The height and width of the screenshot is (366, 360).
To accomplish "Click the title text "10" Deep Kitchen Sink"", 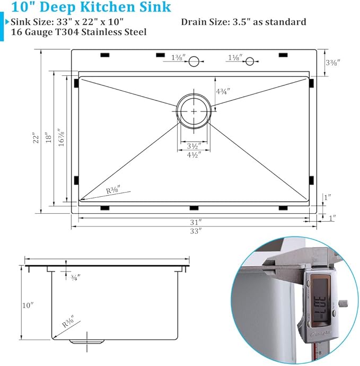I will (88, 7).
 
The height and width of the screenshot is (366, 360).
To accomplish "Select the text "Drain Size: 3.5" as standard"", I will (243, 22).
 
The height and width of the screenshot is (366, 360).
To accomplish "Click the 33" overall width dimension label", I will (196, 231).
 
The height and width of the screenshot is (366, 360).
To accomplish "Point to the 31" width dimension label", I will (196, 221).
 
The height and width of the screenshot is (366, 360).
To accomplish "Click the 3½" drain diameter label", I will (194, 145).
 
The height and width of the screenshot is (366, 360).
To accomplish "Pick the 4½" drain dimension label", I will (194, 155).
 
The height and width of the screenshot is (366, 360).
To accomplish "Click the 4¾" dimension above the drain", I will (222, 91).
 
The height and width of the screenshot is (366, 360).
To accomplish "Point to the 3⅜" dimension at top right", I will (332, 63).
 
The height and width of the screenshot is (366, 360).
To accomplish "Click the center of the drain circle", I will (194, 111).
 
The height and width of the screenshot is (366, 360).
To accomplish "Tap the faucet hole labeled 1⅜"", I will (194, 62).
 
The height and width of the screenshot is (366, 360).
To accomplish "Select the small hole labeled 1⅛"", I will (249, 62).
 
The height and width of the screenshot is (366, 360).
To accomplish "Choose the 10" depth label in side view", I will (28, 305).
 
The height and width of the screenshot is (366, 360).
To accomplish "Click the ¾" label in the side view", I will (75, 277).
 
